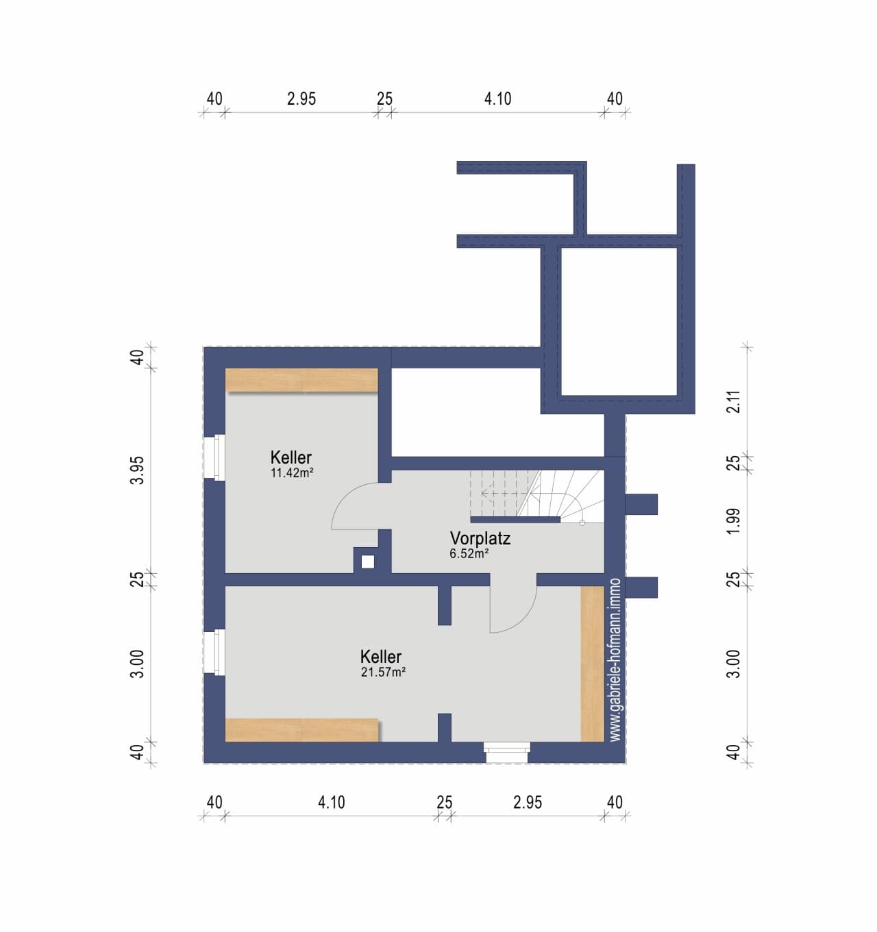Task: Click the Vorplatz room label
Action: (480, 538)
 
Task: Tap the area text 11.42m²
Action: (292, 473)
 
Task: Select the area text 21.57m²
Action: (383, 672)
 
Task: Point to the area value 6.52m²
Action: (469, 554)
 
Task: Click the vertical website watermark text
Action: (615, 660)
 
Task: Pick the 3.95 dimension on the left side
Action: (138, 470)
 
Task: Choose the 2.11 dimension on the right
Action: (734, 402)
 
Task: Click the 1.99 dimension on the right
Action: (734, 521)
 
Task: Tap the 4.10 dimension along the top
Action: (497, 99)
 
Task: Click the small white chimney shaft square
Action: (368, 562)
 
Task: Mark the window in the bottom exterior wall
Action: (507, 753)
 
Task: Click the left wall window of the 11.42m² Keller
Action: (214, 457)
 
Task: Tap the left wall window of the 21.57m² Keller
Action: (214, 653)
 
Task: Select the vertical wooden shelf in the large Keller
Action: (593, 664)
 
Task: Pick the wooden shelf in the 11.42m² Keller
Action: (301, 380)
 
